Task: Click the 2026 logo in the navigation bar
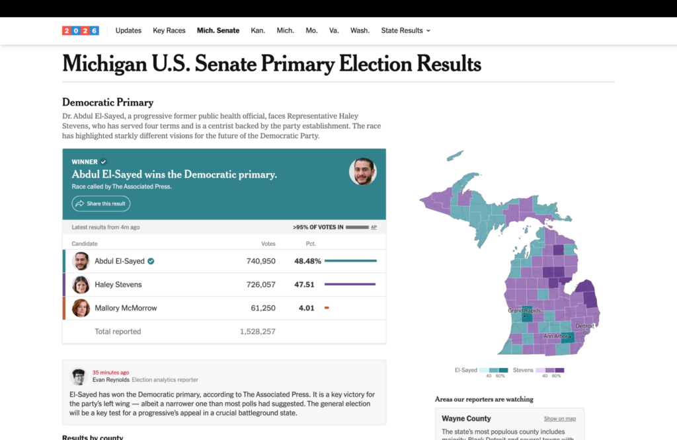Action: click(x=80, y=30)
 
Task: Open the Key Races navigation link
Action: click(x=169, y=30)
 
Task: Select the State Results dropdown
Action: click(x=405, y=30)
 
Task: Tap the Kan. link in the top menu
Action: click(x=258, y=30)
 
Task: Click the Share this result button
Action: click(x=101, y=203)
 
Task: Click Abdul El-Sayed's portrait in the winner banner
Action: click(x=363, y=172)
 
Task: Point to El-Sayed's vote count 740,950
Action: click(x=260, y=261)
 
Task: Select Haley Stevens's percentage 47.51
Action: click(x=304, y=285)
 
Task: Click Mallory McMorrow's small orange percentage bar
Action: click(x=327, y=308)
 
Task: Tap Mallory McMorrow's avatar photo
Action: click(x=81, y=308)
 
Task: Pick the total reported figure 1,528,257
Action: click(x=257, y=332)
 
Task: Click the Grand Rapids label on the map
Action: click(x=524, y=311)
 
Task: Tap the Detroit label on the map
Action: click(x=584, y=326)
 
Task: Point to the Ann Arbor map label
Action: click(x=555, y=336)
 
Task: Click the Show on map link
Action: click(x=559, y=418)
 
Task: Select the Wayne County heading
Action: click(x=466, y=418)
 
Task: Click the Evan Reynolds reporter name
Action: click(x=110, y=380)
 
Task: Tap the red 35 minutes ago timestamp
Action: click(x=110, y=373)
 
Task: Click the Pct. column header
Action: click(x=311, y=244)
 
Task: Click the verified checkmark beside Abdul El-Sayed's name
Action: click(x=151, y=261)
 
